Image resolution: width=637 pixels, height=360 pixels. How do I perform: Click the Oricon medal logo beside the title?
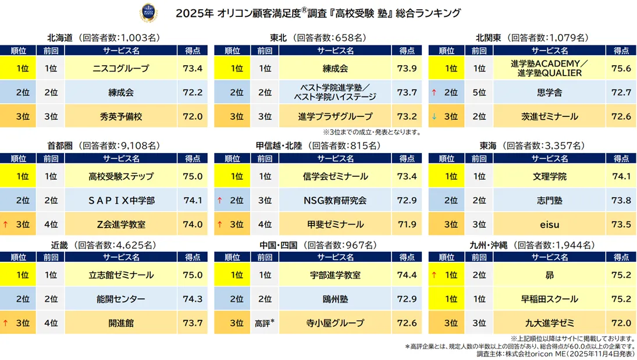click(x=148, y=13)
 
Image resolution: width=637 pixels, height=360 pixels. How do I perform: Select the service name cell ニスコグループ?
click(x=121, y=69)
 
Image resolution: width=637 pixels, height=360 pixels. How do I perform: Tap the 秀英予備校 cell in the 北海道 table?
click(x=121, y=116)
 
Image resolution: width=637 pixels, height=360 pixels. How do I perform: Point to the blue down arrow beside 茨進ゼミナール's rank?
click(x=433, y=116)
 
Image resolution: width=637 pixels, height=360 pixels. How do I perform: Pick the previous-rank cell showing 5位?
click(x=479, y=92)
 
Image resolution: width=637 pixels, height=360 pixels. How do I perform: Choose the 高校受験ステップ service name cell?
click(x=121, y=176)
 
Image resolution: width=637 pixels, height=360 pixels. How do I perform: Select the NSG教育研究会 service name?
click(x=335, y=201)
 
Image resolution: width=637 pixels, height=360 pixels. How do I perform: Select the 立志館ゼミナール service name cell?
click(x=121, y=275)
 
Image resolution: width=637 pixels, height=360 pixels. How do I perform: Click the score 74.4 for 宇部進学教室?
click(x=406, y=275)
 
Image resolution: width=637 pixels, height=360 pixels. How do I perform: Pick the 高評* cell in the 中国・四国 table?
click(x=265, y=323)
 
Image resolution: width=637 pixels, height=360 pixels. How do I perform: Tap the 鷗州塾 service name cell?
click(x=335, y=299)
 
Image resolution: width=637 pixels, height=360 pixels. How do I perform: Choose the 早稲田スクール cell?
click(x=549, y=299)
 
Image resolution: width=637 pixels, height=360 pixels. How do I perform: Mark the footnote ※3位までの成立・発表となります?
click(x=372, y=132)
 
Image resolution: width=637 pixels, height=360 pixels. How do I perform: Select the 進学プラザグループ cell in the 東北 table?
click(x=335, y=116)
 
